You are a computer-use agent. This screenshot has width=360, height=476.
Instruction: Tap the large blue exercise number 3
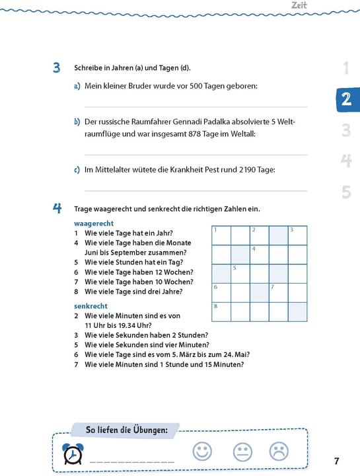57,69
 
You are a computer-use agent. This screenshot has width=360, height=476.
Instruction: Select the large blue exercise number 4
57,208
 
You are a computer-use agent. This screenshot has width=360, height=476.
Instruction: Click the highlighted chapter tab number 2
345,99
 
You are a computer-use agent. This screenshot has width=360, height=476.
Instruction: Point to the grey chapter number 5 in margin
346,192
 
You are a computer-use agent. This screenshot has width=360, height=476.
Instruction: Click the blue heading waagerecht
94,223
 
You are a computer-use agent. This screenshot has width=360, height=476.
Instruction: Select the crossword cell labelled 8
221,311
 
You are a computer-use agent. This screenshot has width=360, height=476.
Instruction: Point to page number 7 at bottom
336,461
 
